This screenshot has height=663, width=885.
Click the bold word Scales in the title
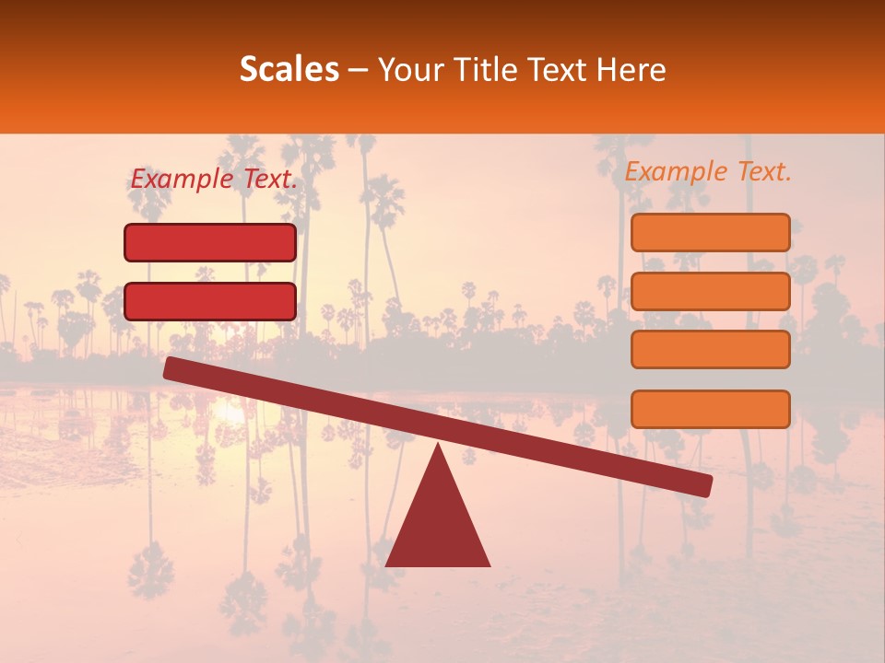coord(289,70)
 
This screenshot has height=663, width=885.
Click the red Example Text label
coord(214,180)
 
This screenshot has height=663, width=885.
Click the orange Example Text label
coord(708,171)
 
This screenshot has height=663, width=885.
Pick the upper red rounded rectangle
coord(210,243)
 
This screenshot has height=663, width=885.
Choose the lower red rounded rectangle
coord(210,301)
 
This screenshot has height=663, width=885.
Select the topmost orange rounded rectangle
coord(710,233)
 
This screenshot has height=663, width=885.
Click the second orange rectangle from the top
coord(710,291)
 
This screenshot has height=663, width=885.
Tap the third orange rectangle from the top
coord(710,350)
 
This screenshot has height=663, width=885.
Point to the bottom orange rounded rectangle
coord(710,409)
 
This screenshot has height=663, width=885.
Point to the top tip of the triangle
coord(438,446)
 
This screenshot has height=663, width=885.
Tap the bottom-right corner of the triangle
coord(489,565)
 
